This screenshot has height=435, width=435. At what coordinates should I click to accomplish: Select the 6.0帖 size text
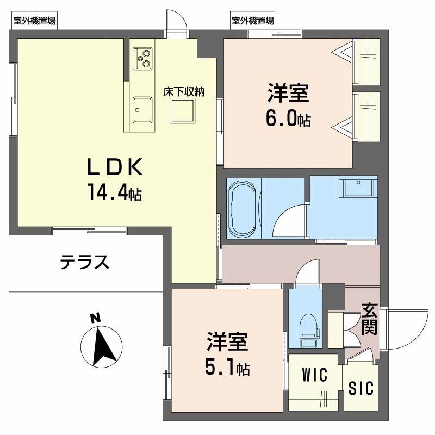[288, 119]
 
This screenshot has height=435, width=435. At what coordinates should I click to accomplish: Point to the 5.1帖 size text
[227, 369]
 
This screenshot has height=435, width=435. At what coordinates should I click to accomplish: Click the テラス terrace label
[85, 263]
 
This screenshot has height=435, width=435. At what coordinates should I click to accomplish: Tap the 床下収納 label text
[184, 92]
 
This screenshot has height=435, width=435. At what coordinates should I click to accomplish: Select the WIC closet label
[314, 375]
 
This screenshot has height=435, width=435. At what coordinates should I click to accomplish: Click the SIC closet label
[361, 388]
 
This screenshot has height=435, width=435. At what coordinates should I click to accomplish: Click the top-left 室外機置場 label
[35, 21]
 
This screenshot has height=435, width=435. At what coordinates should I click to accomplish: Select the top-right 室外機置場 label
[252, 21]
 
